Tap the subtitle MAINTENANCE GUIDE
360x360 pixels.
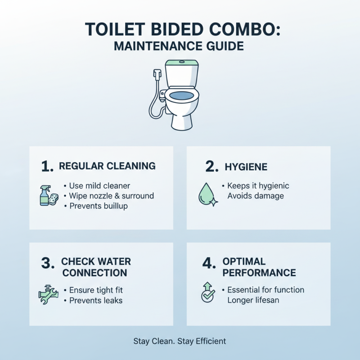point(180,46)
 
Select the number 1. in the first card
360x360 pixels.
point(47,166)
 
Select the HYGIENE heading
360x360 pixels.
point(246,167)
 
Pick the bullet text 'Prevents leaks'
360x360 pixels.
point(95,300)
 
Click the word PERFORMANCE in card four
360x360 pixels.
point(259,273)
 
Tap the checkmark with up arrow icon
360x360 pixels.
point(207,293)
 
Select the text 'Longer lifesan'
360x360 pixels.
point(253,300)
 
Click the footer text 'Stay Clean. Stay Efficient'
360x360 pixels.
point(180,341)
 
